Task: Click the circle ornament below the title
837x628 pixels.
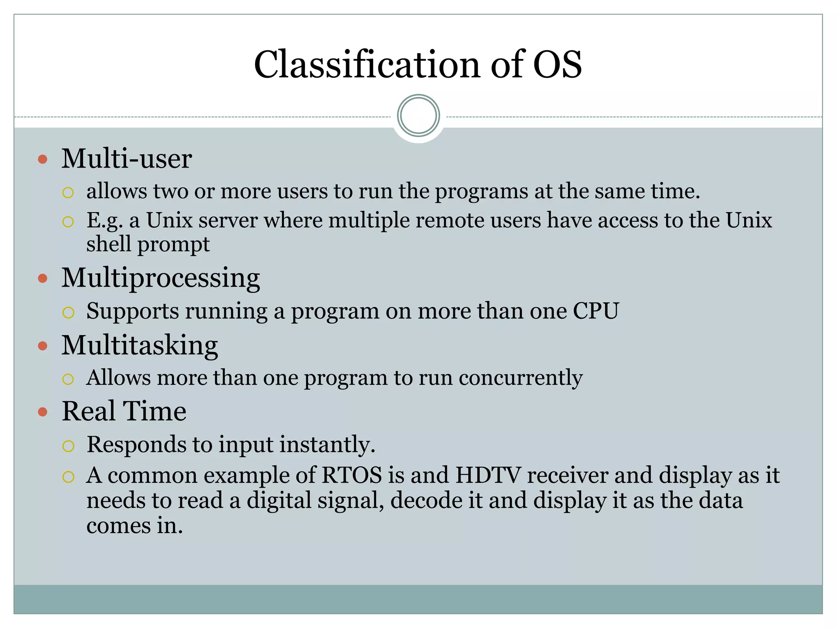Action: pos(418,116)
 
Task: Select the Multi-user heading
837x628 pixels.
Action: pos(126,159)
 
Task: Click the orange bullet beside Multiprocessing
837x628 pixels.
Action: pos(43,279)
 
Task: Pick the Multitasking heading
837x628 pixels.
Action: pos(139,345)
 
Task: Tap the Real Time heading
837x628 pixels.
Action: pos(124,411)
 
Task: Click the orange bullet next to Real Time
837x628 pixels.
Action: pos(43,412)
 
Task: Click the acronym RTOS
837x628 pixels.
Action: pos(351,475)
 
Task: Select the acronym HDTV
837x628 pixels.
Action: pos(488,475)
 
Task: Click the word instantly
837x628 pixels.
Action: pos(327,445)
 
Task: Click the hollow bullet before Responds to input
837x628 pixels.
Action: pos(68,446)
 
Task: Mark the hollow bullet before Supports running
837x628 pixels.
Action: pos(68,313)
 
